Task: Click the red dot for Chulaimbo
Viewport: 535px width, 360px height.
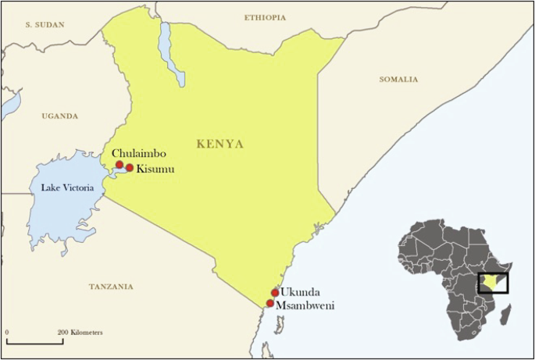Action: coord(119,165)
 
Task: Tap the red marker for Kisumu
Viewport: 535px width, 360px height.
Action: coord(130,168)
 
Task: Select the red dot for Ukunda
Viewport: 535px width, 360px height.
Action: coord(275,293)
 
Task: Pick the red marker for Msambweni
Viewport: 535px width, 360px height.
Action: coord(270,304)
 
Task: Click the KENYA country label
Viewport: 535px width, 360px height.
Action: coord(219,144)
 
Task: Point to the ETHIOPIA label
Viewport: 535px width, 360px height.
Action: coord(266,16)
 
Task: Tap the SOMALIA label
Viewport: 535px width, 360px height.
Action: coord(398,79)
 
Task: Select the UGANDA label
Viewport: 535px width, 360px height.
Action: coord(60,116)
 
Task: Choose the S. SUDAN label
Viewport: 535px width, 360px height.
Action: coord(45,25)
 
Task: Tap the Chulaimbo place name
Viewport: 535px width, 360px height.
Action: coord(138,154)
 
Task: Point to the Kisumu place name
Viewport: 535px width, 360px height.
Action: coord(155,169)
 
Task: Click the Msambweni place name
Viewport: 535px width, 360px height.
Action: coord(305,305)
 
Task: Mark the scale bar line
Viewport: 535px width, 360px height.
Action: coord(34,341)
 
